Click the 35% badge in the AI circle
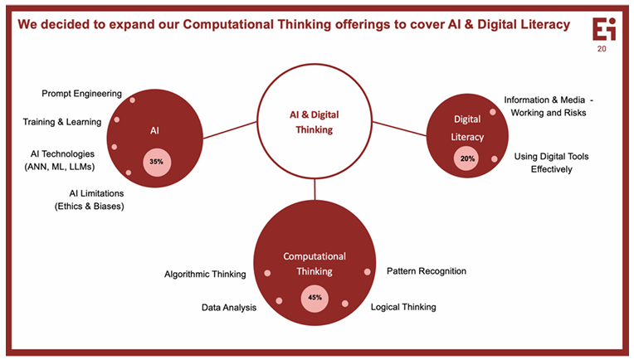click(x=155, y=161)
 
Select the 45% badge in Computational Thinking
click(x=315, y=297)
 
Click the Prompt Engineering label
click(x=81, y=94)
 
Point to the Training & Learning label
click(x=61, y=122)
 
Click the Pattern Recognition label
click(x=427, y=271)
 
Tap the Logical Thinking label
click(x=402, y=307)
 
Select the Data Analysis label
click(x=229, y=308)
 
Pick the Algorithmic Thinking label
click(x=205, y=273)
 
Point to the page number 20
click(x=602, y=49)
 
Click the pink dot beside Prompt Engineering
click(x=132, y=100)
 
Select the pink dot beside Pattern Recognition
click(x=367, y=271)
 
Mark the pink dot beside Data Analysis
click(x=279, y=300)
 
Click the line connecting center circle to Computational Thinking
click(x=315, y=190)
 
